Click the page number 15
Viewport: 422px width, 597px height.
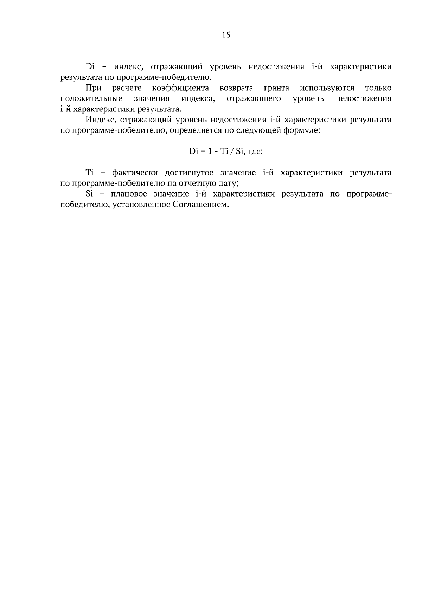[x=226, y=34]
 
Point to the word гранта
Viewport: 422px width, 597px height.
[x=276, y=88]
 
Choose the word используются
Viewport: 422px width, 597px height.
[x=327, y=88]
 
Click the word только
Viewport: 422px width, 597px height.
[x=378, y=88]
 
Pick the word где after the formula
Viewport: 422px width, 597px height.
[x=255, y=152]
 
